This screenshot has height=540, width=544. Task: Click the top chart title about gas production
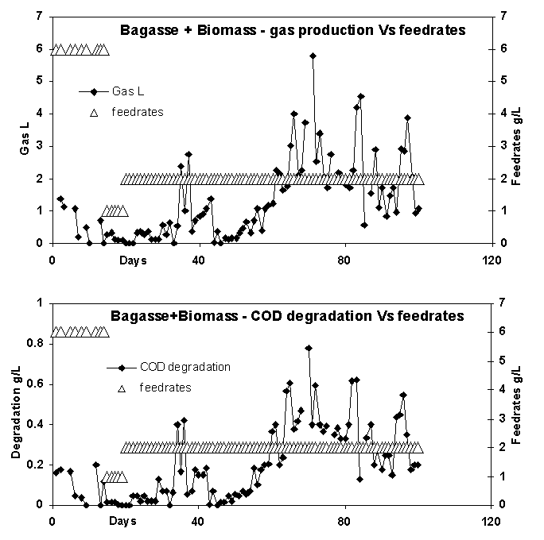[x=292, y=31]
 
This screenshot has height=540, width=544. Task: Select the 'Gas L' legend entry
[x=128, y=91]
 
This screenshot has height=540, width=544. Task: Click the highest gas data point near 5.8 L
[x=313, y=56]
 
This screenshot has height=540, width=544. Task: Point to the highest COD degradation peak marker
[x=309, y=348]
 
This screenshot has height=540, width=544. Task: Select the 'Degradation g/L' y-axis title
[x=16, y=413]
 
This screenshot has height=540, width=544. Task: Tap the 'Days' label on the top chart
[x=133, y=260]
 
